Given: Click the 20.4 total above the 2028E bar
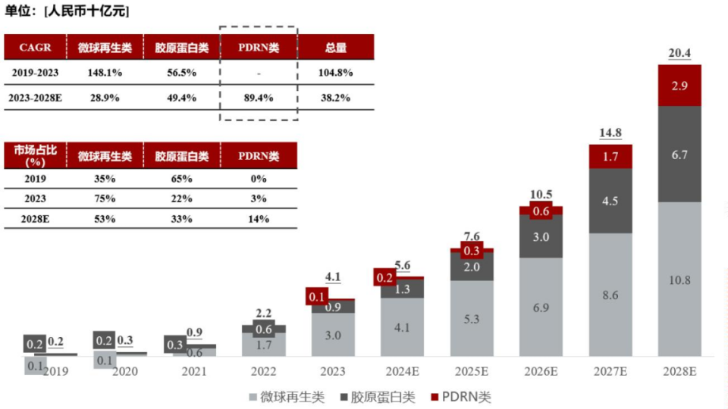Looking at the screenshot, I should coord(679,53).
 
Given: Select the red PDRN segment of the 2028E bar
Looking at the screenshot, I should coord(679,86).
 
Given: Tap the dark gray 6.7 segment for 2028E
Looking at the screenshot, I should coord(679,155).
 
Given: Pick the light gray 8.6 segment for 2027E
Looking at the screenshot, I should coord(610,295).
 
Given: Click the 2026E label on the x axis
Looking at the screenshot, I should coord(541,371).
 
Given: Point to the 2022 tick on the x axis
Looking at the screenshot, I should coord(264,371).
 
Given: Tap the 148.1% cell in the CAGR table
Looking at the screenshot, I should coord(105,73).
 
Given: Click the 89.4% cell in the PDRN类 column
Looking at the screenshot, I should coord(259,98).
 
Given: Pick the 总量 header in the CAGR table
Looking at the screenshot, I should coord(336,48).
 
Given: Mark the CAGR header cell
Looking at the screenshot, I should coord(36,48).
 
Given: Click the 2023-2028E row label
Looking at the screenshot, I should coord(36,98).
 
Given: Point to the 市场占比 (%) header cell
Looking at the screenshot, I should coord(36,156).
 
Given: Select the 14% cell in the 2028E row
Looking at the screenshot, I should coord(259,219).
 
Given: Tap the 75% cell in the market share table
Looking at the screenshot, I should coord(105,198).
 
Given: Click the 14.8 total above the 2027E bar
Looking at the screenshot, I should coord(610,133).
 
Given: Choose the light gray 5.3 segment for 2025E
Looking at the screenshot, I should coord(472,319).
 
